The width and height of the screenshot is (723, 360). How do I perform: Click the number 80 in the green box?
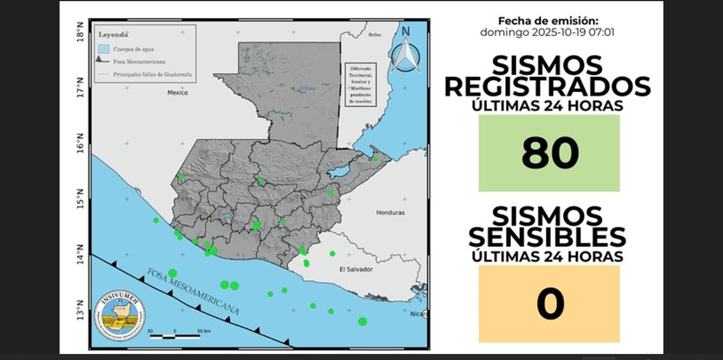[550, 153]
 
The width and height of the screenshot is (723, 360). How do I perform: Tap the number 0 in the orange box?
[550, 303]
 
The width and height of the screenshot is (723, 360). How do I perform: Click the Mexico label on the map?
[177, 93]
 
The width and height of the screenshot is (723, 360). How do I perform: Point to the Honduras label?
[390, 213]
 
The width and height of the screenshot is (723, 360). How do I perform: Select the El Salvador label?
[356, 269]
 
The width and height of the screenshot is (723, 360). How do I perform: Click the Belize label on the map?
[374, 35]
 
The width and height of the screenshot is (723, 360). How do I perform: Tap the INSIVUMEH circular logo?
[120, 315]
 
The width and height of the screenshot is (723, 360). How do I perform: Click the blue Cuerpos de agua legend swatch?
[104, 49]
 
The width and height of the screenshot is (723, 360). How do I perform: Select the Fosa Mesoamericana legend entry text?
[139, 61]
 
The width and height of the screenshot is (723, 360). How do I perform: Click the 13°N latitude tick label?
[80, 310]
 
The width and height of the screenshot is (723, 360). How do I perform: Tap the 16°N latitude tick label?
[80, 143]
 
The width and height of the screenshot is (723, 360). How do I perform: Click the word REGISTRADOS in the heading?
[547, 87]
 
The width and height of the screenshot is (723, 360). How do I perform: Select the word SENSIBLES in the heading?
[547, 237]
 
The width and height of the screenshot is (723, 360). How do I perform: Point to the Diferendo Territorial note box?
[361, 85]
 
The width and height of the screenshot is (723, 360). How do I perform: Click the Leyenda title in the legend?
[113, 35]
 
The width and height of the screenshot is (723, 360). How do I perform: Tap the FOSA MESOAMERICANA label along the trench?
[193, 291]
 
